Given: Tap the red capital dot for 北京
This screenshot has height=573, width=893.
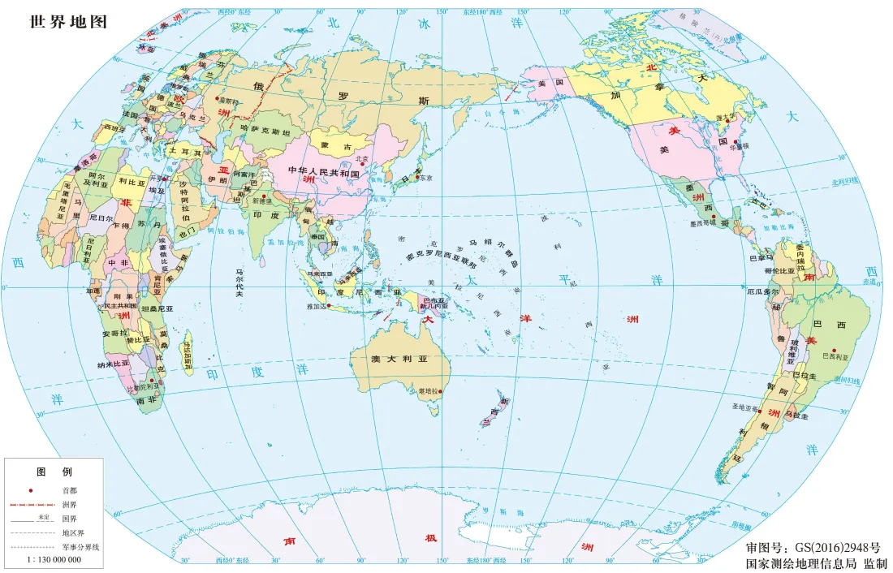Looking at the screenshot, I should (362, 165).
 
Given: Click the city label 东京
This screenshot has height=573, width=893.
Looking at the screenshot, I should (425, 178).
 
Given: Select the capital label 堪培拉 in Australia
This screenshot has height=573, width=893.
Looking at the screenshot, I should (427, 392).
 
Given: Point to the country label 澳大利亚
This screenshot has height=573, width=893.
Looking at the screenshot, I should (399, 360).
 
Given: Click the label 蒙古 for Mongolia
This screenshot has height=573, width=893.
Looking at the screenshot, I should (336, 147).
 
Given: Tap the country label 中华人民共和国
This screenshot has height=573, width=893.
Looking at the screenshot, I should (324, 172).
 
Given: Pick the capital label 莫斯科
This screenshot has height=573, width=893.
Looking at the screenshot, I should (230, 102).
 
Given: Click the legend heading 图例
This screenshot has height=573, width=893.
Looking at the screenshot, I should (54, 472).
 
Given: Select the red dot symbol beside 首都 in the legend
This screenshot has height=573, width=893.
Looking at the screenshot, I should (31, 490).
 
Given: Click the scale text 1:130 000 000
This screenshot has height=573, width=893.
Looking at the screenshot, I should (54, 560).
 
